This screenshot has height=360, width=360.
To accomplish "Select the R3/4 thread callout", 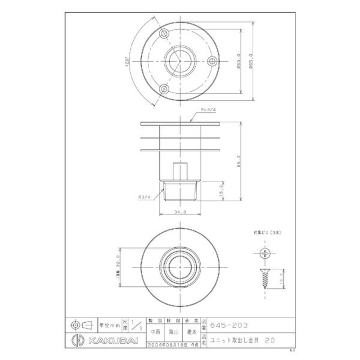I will [x=144, y=197].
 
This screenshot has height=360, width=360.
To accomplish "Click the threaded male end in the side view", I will [x=180, y=191].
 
